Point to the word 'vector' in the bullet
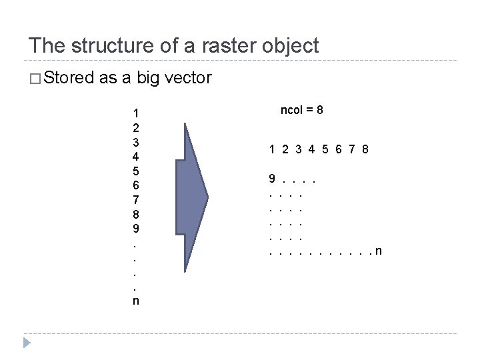pos(186,79)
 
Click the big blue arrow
pos(190,197)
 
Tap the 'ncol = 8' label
pos(302,110)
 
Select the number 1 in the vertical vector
pos(136,113)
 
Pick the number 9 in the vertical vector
pos(136,228)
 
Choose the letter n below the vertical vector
pos(136,301)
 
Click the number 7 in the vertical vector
pos(136,200)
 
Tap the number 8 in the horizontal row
pos(366,149)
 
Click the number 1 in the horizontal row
pos(272,149)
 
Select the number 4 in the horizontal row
pos(312,149)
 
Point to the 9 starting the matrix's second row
pos(271,179)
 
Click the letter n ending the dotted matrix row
pos(379,251)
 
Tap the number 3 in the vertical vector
pos(136,142)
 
